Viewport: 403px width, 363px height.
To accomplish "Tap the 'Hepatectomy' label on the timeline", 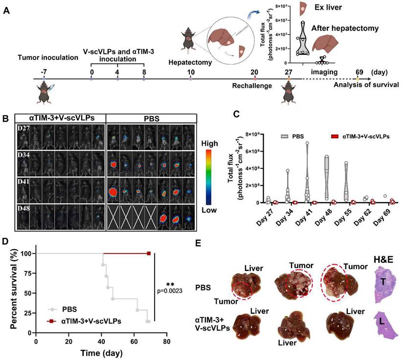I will coord(190,63).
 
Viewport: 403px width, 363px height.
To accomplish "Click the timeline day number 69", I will coord(359,71).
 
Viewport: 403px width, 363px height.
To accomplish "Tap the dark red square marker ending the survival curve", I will coord(149,253).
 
